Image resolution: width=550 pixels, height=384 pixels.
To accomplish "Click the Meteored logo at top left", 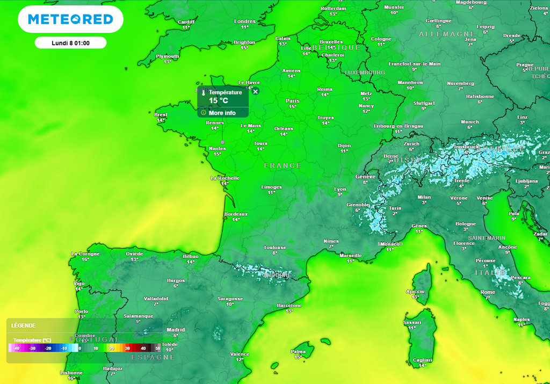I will click(x=70, y=19).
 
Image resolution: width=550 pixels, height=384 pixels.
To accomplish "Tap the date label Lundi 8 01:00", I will click(x=70, y=43).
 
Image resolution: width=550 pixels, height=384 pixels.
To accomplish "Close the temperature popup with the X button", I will click(x=256, y=91).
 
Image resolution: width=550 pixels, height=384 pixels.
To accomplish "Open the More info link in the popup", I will click(x=222, y=113).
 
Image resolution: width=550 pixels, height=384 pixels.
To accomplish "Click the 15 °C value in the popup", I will click(x=219, y=100).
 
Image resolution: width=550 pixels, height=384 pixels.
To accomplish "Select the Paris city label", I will click(x=293, y=101).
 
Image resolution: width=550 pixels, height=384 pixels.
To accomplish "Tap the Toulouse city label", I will click(x=274, y=248).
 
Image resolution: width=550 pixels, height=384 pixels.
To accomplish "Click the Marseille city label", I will click(x=350, y=256).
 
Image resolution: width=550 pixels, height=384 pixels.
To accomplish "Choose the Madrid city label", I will click(x=176, y=330).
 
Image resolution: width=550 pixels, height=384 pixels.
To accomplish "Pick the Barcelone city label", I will click(x=289, y=306).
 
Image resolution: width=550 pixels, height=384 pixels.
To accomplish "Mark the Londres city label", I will click(x=245, y=21).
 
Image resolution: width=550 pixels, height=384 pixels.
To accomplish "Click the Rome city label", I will click(x=487, y=292).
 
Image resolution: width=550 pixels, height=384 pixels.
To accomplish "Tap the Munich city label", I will click(x=469, y=122).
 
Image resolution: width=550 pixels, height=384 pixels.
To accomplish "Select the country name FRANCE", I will click(x=283, y=166).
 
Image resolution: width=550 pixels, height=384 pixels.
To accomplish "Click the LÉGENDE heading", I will click(x=24, y=325).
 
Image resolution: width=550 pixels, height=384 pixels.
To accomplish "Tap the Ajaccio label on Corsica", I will click(x=415, y=292).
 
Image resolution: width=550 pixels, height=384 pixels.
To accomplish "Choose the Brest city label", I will click(x=161, y=115).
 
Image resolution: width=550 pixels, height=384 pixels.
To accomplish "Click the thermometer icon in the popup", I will click(x=204, y=92).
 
